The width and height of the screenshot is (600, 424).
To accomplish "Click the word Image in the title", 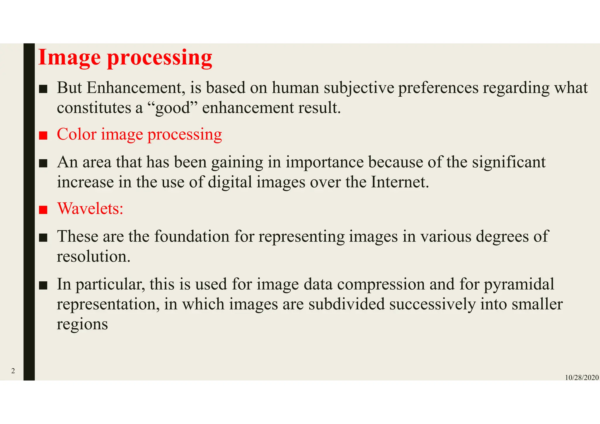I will point(69,58).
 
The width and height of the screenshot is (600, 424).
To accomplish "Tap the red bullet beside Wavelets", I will point(43,210).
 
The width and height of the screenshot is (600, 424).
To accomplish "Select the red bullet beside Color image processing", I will point(43,136).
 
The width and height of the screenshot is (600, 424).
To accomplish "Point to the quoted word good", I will point(173,108).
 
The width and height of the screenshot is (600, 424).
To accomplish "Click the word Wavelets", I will point(90,209).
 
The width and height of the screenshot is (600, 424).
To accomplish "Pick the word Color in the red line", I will point(76,134).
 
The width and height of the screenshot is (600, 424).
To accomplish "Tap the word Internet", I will point(400,182).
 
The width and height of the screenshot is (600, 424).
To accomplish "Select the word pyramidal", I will point(519,284).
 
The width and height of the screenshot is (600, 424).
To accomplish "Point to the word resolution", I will point(93,257).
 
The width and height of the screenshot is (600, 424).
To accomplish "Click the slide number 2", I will point(13,371).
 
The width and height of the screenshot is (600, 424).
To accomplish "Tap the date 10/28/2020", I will point(582,378).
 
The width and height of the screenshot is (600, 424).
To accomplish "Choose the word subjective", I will point(359,88).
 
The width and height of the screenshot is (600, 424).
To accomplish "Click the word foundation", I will point(192,236).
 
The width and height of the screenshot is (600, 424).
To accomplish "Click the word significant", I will point(509,162).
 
